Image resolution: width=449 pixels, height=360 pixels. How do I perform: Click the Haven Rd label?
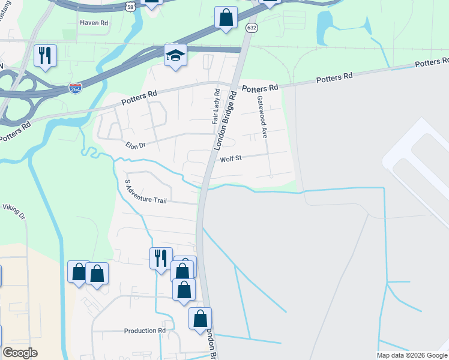pos(94,23)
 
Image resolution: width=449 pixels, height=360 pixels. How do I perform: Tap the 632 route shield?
pos(252,28)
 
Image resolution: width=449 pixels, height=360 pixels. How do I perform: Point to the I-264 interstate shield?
pos(76,88)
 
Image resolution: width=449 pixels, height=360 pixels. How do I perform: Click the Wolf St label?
pos(230,159)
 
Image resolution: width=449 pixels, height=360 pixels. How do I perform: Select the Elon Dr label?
pos(136,145)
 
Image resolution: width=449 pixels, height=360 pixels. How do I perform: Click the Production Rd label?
pos(145,331)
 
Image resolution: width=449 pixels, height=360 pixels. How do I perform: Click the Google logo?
pos(20,353)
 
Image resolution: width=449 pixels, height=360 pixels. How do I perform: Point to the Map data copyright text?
pos(412,355)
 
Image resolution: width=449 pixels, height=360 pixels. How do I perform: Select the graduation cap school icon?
pos(175,56)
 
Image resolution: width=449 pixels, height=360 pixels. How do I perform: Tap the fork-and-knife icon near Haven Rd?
pos(45,56)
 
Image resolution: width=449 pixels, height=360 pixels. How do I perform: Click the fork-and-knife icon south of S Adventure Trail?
pos(161,259)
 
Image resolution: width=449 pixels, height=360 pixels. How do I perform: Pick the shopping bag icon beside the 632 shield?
pos(226,17)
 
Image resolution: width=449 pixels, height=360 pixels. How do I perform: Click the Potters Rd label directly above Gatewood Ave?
pos(261,88)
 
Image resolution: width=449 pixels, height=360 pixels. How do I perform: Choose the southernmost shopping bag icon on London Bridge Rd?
pos(200,319)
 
